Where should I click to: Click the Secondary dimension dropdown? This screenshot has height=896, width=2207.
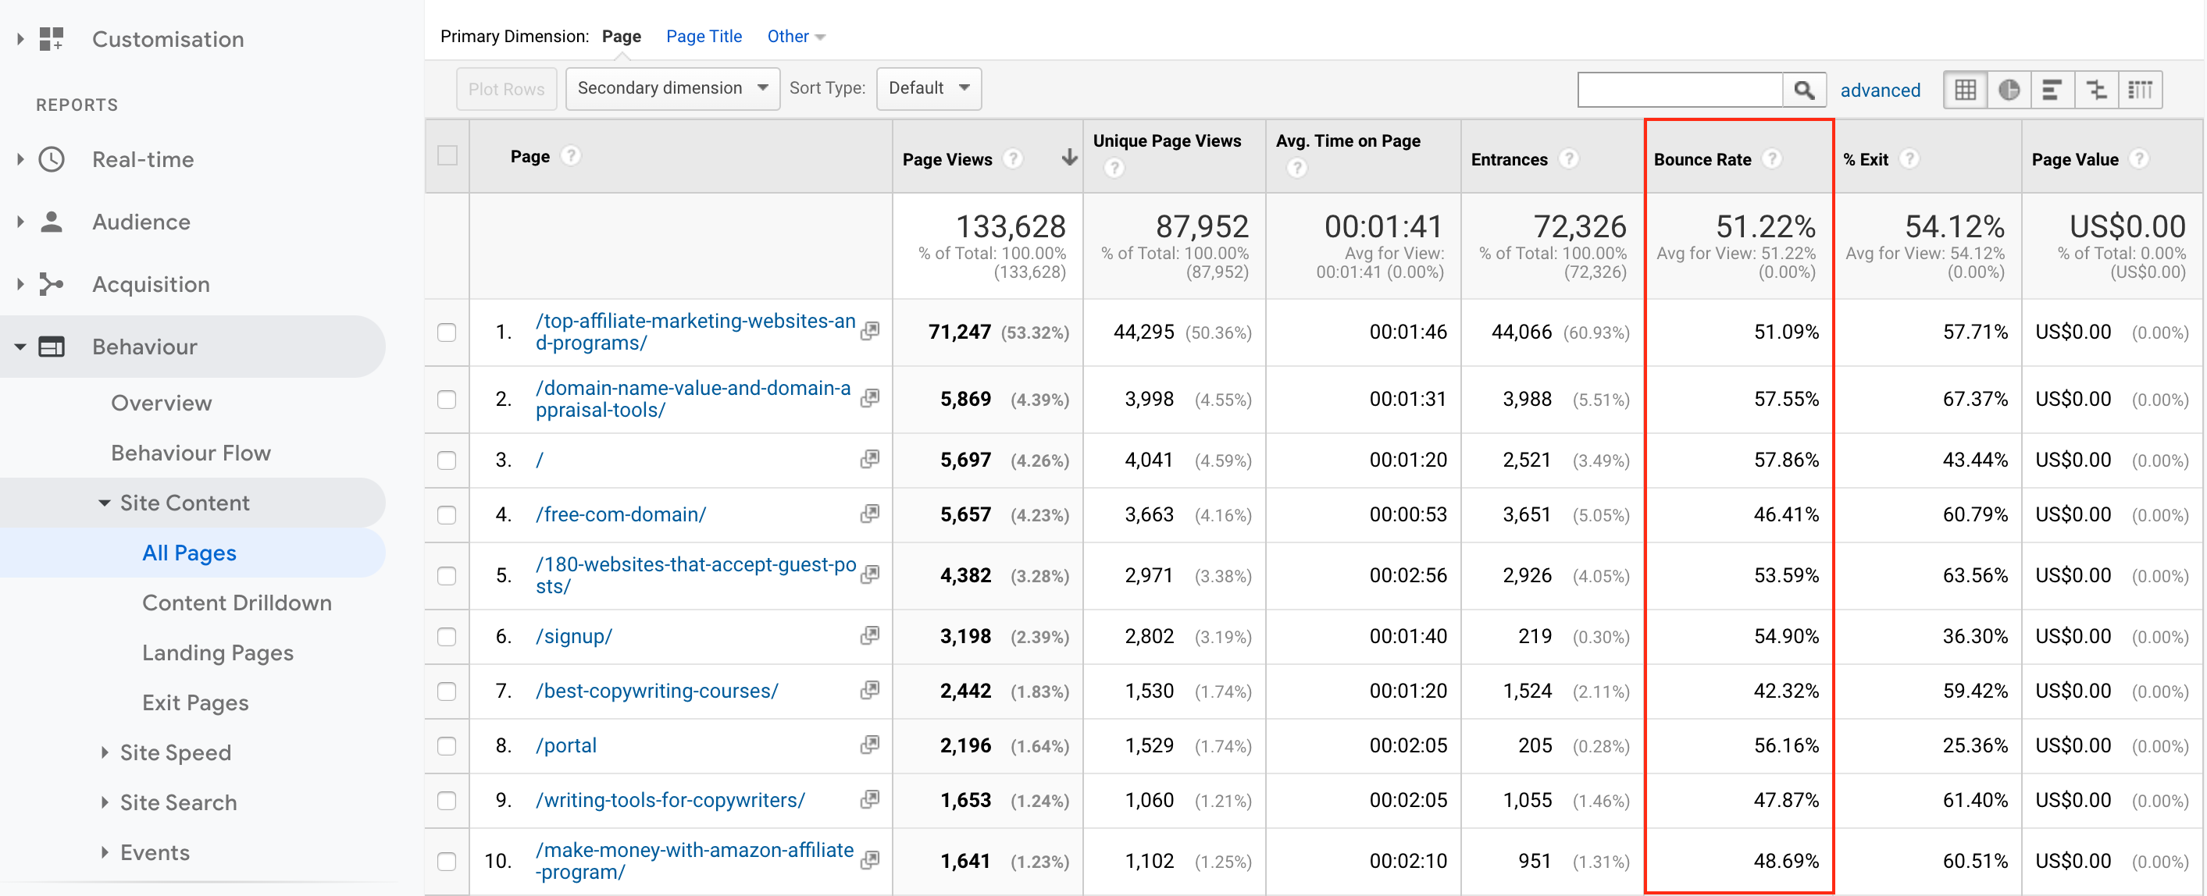[672, 88]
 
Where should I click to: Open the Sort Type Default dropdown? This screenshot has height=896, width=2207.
[929, 88]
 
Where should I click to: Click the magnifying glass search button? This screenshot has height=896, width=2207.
[1803, 90]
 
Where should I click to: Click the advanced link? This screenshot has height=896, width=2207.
[1880, 90]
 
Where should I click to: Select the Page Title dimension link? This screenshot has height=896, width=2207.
[704, 36]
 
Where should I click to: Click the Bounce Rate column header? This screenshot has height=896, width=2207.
[1702, 159]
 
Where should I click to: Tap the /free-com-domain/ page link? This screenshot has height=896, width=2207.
[620, 514]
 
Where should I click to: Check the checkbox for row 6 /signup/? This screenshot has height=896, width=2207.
[447, 636]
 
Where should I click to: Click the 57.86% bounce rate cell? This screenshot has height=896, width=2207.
[1785, 460]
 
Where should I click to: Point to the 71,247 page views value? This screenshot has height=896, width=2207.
[959, 332]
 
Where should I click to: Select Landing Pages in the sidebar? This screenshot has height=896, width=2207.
[218, 652]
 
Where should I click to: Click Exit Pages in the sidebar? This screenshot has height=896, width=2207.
[195, 702]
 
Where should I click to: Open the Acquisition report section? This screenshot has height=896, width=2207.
[151, 284]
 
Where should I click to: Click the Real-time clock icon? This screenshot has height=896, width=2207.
[52, 159]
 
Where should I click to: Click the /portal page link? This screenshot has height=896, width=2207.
[565, 745]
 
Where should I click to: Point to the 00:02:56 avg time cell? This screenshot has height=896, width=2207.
[1407, 576]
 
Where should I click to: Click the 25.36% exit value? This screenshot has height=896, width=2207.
[1974, 745]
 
